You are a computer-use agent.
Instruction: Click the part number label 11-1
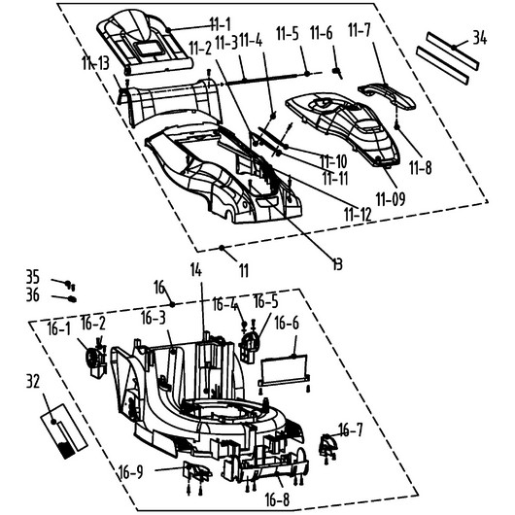click(x=221, y=24)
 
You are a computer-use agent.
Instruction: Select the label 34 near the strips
click(x=479, y=38)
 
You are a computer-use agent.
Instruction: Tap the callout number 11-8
click(x=421, y=167)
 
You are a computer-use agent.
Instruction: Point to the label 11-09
click(x=391, y=198)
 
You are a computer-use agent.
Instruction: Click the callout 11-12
click(x=358, y=214)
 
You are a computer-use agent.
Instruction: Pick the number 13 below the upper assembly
click(x=337, y=263)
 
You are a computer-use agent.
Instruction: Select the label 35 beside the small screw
click(x=33, y=277)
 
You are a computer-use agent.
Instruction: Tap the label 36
click(x=33, y=294)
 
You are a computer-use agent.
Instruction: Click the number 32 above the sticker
click(x=33, y=381)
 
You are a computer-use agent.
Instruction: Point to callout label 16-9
click(x=131, y=472)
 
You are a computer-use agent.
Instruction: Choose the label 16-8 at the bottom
click(x=278, y=499)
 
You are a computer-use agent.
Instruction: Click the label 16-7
click(x=351, y=429)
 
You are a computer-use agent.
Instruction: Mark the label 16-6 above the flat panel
click(x=287, y=323)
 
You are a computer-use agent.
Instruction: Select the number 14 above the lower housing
click(x=196, y=270)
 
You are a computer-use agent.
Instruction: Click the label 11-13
click(x=95, y=62)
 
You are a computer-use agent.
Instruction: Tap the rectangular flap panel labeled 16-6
click(x=284, y=370)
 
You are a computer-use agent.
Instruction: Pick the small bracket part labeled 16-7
click(x=328, y=446)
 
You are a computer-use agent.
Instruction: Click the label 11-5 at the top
click(x=288, y=33)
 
